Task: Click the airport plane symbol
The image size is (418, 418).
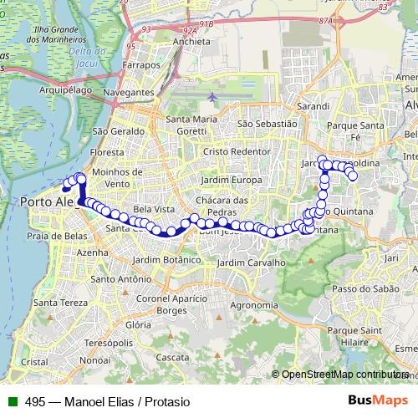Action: click(212, 97)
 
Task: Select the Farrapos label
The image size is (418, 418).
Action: click(141, 64)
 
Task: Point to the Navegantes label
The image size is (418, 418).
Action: click(130, 91)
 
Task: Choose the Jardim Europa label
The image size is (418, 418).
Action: click(236, 180)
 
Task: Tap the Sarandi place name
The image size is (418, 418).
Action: click(312, 108)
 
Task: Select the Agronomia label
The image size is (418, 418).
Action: click(254, 305)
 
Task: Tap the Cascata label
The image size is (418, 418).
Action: click(173, 357)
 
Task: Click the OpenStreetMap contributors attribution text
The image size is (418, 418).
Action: click(345, 375)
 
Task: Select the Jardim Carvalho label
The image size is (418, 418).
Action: click(251, 263)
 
